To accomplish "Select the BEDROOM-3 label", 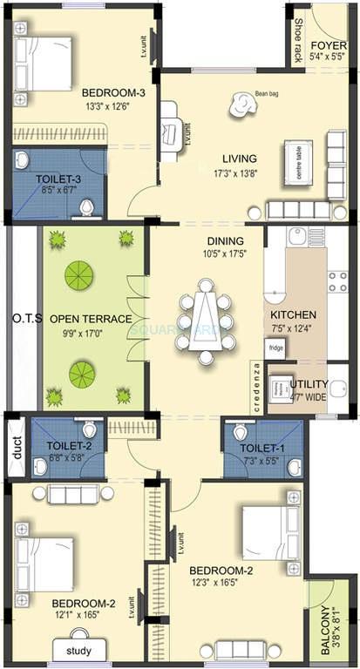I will (x=113, y=93).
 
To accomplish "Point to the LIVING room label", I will (x=239, y=159).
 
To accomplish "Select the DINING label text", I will (x=224, y=241).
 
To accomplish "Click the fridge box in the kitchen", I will (x=275, y=347).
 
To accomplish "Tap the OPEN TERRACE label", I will (x=90, y=319).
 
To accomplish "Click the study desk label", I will (x=79, y=649).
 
